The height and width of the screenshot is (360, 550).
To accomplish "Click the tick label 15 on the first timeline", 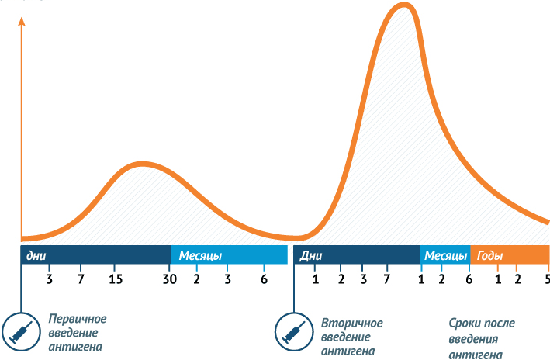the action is coord(116,279).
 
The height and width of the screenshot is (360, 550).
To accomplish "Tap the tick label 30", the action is coord(169,279).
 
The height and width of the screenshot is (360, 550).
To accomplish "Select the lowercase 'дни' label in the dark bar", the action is coord(36,256).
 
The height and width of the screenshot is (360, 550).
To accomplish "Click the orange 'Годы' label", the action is coord(489,256).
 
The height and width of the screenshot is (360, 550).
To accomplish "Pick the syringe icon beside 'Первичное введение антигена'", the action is coord(21,331).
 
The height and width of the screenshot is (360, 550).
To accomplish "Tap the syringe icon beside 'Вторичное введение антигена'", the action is coord(294,331).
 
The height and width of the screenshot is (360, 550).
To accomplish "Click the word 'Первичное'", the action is coord(78,319).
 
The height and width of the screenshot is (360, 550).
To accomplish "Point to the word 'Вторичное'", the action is coord(352,323).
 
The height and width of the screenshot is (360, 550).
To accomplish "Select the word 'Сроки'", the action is coord(463,323).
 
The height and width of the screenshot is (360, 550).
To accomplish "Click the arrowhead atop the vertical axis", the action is coord(22,21).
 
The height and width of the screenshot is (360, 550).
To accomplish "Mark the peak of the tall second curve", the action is coord(404,5).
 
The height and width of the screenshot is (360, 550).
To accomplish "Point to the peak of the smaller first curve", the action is coord(142,164).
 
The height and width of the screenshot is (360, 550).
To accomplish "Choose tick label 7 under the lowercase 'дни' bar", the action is coord(81,279).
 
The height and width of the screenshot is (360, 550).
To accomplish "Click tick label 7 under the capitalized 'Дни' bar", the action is coord(386,279).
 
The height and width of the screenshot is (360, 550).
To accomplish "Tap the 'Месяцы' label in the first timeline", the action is coord(200,256).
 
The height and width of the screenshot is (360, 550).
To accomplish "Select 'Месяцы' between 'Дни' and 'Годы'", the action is coord(445,256).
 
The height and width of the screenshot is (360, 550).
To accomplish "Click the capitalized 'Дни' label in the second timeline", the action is coord(311,256).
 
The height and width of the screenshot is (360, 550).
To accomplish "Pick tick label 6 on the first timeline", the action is coord(264,279).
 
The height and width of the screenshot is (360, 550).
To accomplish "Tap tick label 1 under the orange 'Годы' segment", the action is coord(498,279).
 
